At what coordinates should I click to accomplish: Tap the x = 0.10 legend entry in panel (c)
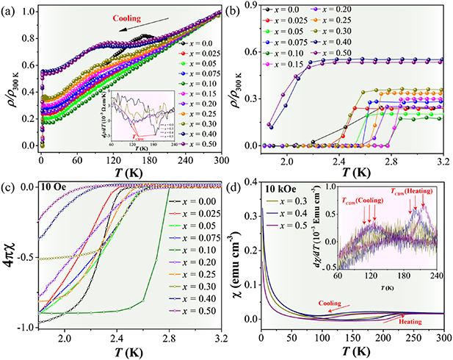(195, 259)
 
